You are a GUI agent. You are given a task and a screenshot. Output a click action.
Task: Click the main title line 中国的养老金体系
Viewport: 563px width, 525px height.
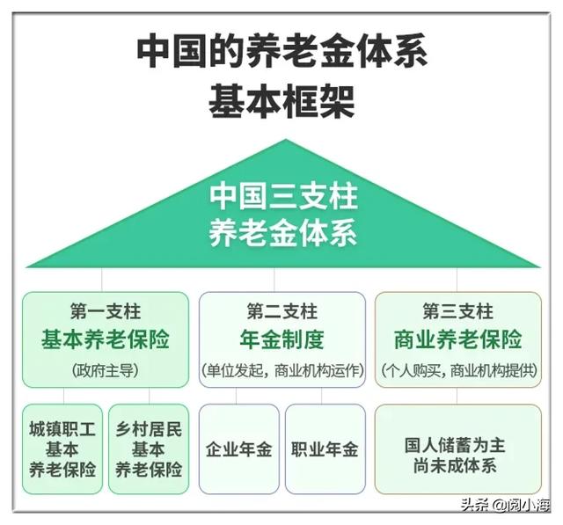[x=281, y=50]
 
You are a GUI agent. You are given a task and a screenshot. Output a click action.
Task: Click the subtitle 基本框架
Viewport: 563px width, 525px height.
[x=281, y=100]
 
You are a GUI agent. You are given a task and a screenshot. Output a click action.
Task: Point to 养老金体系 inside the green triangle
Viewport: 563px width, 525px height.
[x=283, y=232]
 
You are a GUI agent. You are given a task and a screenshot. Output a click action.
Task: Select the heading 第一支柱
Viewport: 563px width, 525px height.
[x=106, y=311]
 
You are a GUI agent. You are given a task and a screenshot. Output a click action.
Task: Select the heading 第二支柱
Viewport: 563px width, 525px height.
[x=281, y=311]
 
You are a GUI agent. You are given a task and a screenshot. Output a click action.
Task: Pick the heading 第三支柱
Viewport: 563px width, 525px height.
[x=457, y=311]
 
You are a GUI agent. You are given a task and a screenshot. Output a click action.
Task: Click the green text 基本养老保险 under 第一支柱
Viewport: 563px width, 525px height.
[x=106, y=339]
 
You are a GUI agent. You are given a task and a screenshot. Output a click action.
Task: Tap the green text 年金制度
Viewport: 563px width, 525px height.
[x=281, y=339]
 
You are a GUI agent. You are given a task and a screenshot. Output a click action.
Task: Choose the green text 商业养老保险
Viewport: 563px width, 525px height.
[x=457, y=339]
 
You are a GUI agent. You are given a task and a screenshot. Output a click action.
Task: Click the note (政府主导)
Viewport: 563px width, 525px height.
[x=106, y=370]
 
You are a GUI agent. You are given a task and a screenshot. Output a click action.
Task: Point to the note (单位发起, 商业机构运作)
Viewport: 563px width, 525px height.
[x=282, y=370]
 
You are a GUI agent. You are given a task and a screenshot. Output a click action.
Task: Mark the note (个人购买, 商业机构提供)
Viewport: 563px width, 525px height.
[x=458, y=370]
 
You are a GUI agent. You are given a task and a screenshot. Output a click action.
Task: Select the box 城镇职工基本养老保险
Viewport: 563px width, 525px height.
[x=62, y=448]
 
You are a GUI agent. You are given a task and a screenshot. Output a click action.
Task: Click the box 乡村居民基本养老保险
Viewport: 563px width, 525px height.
[x=149, y=448]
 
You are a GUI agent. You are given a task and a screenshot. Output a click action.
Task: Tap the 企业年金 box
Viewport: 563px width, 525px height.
[x=239, y=448]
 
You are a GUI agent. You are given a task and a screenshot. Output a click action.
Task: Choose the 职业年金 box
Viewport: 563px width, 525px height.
[x=325, y=448]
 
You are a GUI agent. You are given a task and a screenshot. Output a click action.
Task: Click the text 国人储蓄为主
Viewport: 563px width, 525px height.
[x=455, y=445]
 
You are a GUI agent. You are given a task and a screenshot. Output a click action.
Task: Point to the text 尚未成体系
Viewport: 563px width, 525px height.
[x=455, y=466]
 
